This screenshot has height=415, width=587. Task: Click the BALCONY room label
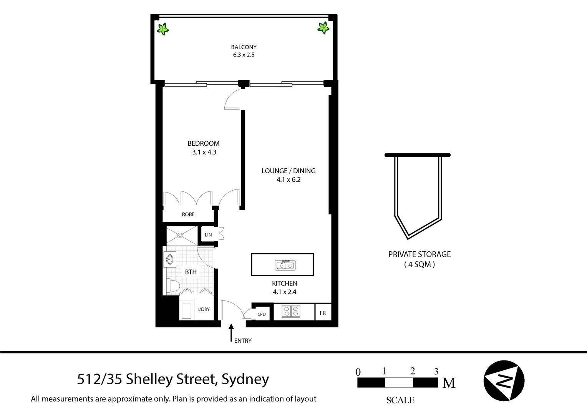click(x=244, y=47)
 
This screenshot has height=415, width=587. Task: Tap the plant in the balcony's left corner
click(x=163, y=29)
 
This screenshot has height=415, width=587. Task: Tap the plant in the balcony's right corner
click(x=323, y=27)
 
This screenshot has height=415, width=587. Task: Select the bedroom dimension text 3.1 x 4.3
click(x=204, y=152)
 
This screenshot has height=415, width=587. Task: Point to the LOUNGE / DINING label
click(x=288, y=171)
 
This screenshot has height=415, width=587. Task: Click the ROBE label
click(x=188, y=214)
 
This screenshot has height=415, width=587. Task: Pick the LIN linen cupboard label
click(x=208, y=235)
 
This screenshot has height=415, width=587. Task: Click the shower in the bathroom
click(x=181, y=236)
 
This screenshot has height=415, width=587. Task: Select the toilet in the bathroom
click(x=172, y=286)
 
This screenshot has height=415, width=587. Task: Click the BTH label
click(x=191, y=272)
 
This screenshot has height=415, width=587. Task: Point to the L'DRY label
click(x=204, y=309)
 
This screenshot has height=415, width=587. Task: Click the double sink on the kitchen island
click(x=285, y=265)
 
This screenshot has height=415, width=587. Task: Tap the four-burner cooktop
click(x=290, y=311)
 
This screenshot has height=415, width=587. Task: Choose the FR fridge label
click(x=323, y=313)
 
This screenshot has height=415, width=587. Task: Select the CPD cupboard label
click(x=261, y=314)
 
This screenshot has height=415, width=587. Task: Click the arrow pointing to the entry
click(x=231, y=332)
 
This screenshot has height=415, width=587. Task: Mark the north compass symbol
click(x=504, y=381)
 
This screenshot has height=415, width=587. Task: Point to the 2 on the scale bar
click(x=412, y=371)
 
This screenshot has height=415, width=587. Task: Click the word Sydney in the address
click(x=245, y=379)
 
